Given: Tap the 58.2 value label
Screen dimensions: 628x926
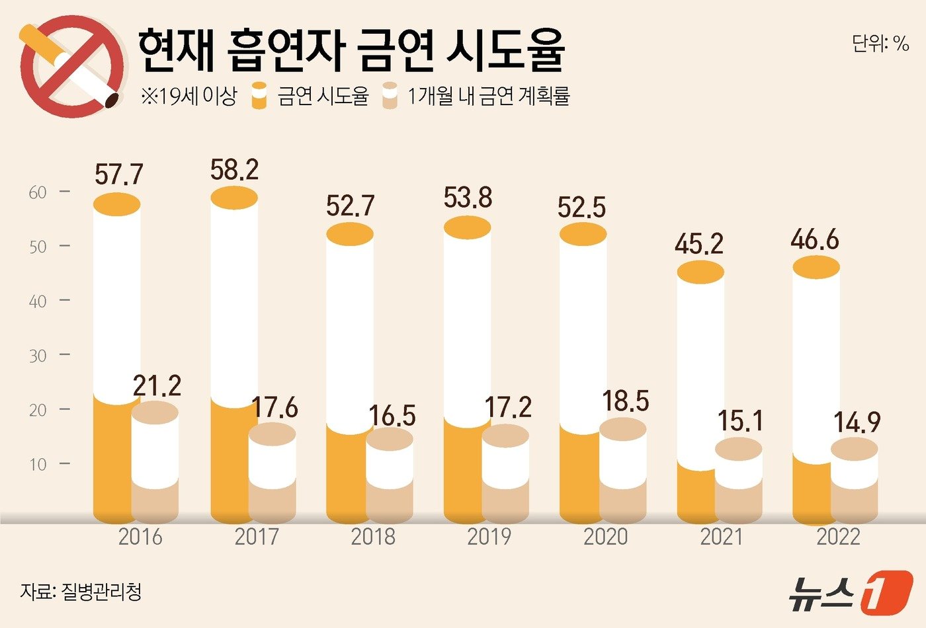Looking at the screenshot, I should tap(234, 170).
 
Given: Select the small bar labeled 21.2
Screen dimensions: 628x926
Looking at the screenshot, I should tap(155, 456).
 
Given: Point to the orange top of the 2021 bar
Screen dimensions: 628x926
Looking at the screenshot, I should tap(700, 272).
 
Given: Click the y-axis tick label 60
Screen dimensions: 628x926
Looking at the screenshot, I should tap(38, 192).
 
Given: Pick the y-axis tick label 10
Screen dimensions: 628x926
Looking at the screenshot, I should tap(38, 464).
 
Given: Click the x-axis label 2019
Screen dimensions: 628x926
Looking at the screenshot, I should tap(489, 537).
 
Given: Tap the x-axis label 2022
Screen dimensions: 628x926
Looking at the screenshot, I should tap(838, 537).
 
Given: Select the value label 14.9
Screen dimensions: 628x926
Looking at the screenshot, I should tap(857, 422).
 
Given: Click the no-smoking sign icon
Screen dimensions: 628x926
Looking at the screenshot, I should tap(71, 66).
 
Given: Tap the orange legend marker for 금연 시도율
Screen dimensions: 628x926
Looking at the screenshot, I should tap(260, 97).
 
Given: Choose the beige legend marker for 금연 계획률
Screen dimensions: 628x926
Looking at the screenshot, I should tap(390, 97).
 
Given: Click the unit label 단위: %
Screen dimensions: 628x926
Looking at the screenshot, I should tap(880, 44).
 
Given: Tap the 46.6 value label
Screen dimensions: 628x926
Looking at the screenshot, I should tap(815, 239).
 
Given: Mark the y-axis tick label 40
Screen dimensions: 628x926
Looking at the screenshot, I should tap(38, 301).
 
